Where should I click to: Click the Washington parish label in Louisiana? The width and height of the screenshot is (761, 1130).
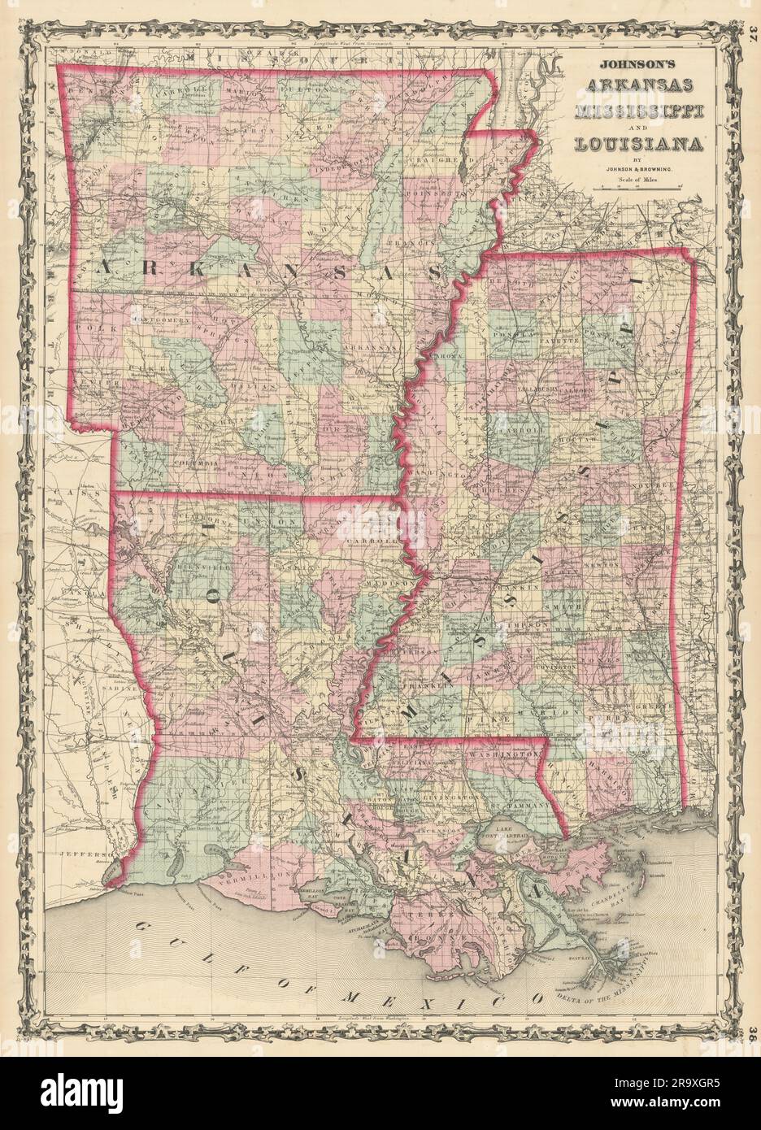point(502,755)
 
